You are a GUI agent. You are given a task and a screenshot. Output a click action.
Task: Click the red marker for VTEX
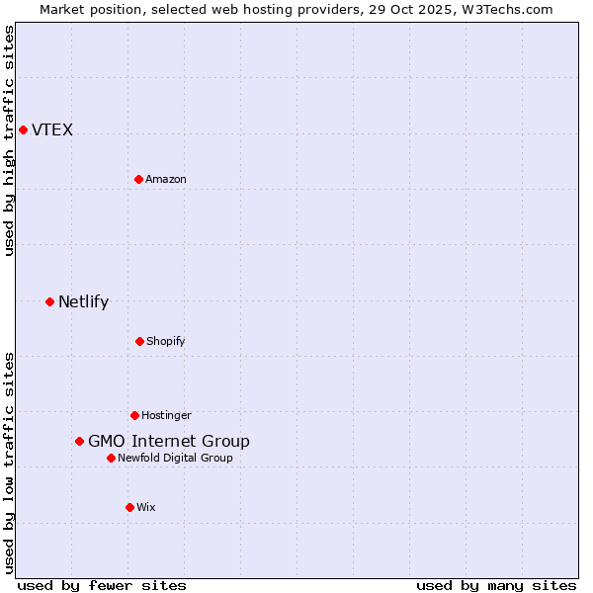coord(23,129)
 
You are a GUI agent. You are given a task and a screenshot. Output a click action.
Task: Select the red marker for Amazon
coord(138,179)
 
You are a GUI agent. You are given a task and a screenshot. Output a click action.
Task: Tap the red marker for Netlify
coord(49,301)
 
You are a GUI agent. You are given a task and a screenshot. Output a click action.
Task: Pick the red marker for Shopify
coord(139,341)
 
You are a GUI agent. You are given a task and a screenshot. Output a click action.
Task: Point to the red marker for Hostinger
coord(134,415)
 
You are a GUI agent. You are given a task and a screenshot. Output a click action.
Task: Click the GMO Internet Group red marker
coord(79,441)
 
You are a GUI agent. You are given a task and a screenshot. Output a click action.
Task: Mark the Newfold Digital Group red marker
coord(111,458)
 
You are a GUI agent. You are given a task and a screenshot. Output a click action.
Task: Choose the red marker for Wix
coord(129,507)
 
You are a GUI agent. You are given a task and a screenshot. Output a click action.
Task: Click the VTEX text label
coord(52,129)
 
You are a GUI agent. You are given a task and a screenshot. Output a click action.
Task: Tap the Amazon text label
coord(166,179)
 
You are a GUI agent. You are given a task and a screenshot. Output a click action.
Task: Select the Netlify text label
coord(83,301)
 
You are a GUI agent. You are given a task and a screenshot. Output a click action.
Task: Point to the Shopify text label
coord(166,341)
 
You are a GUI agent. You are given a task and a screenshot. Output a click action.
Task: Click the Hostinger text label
coord(166,415)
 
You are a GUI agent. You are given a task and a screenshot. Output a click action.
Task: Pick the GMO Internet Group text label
coord(169,441)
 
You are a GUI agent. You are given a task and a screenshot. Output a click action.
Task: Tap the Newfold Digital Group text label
coord(175,458)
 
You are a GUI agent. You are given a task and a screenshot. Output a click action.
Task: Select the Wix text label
coord(146,507)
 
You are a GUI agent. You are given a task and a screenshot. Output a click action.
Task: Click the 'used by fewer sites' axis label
coord(102,585)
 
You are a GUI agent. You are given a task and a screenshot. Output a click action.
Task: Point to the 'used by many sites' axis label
coord(496,585)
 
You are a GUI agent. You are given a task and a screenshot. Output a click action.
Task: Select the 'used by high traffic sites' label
coord(9,140)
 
